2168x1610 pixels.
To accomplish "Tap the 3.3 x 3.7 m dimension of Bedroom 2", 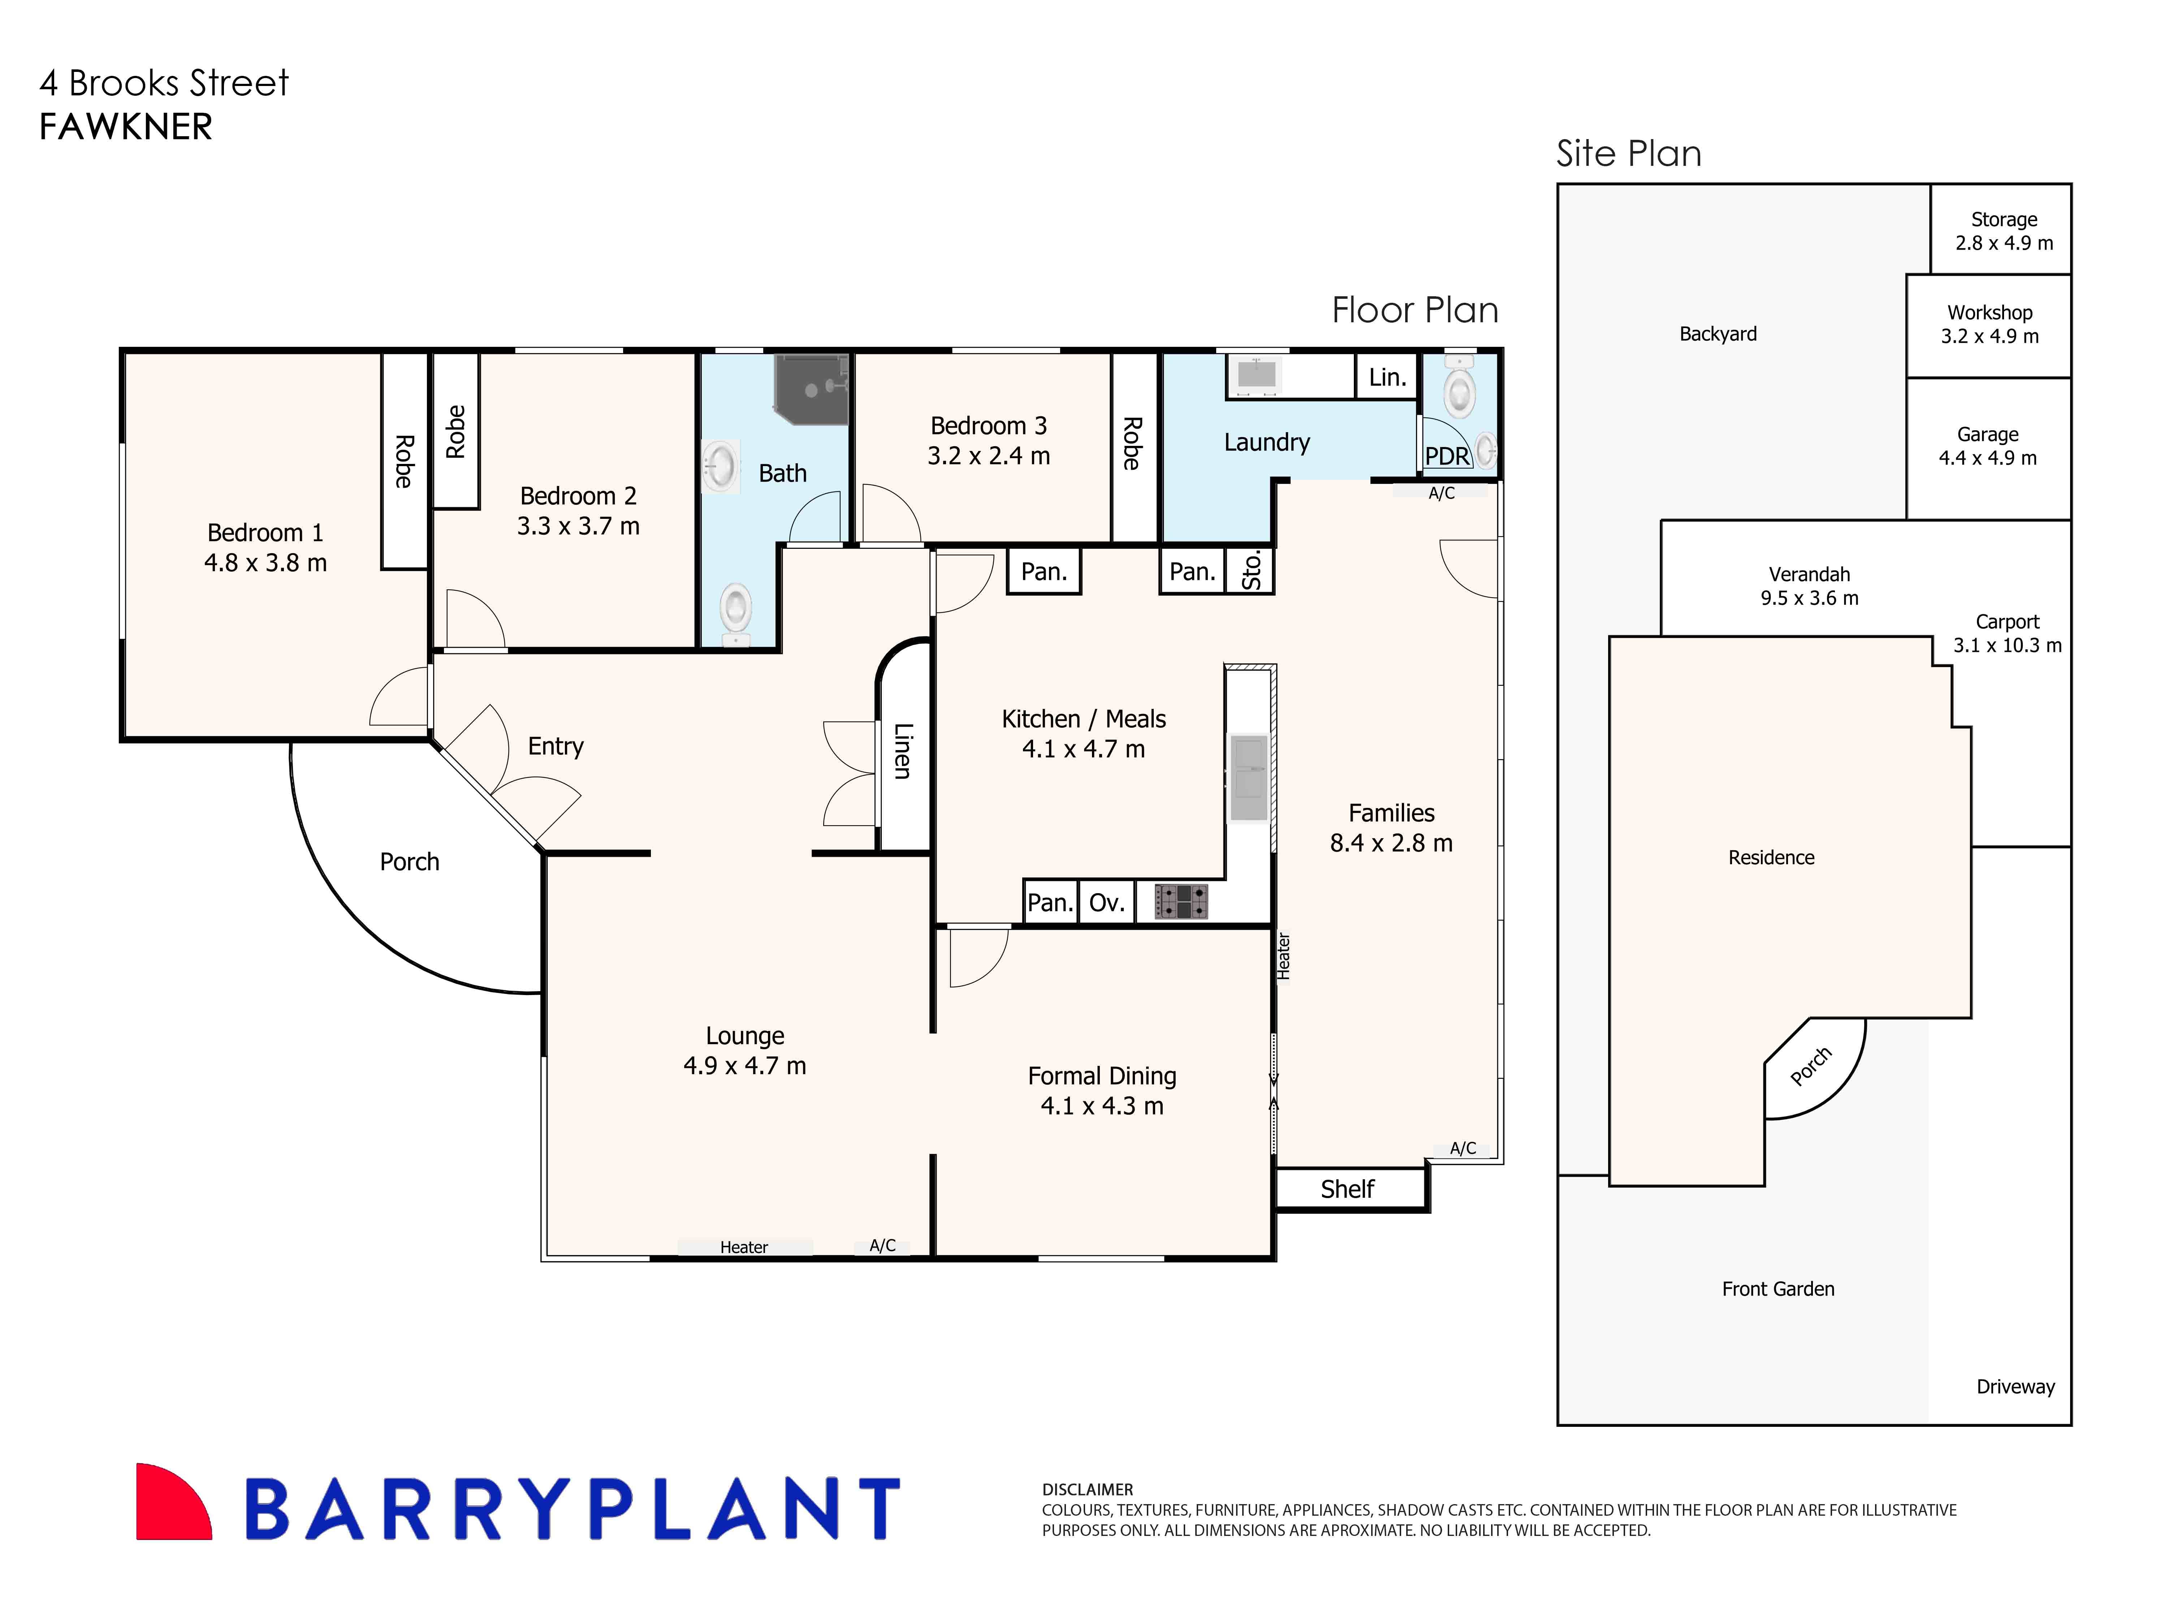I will click(578, 526).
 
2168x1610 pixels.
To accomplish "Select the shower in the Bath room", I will click(811, 390).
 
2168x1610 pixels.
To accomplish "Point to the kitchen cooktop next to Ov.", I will click(1181, 901).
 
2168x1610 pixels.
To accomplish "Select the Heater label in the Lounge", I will click(743, 1248).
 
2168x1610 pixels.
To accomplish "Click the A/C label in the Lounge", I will click(882, 1245).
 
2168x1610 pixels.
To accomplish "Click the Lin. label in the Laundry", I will click(1387, 377).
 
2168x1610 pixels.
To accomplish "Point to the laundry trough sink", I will click(1257, 374).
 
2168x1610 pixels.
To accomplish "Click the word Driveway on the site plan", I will click(2015, 1387).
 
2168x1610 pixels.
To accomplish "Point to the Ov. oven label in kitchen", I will click(1106, 903).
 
